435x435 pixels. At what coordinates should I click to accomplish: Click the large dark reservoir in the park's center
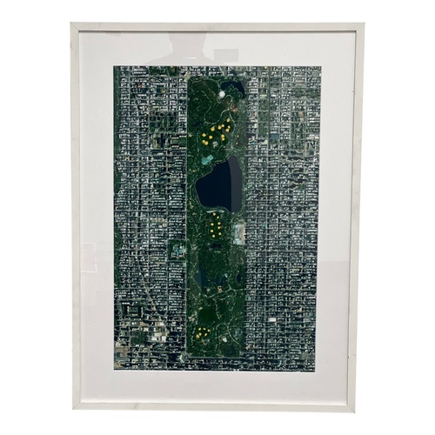219,185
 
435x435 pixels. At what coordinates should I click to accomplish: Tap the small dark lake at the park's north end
232,88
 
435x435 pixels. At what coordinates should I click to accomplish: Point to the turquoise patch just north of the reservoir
206,159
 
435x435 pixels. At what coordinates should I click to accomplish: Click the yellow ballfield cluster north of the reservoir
215,132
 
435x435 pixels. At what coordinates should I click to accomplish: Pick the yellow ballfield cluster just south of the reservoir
215,229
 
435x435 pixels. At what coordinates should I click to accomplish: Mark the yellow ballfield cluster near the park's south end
202,332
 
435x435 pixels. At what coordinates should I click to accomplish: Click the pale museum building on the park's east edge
238,232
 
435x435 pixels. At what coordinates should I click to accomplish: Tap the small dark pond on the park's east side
238,277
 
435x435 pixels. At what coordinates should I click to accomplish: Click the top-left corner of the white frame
71,24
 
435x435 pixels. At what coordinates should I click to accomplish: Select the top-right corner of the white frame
363,24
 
